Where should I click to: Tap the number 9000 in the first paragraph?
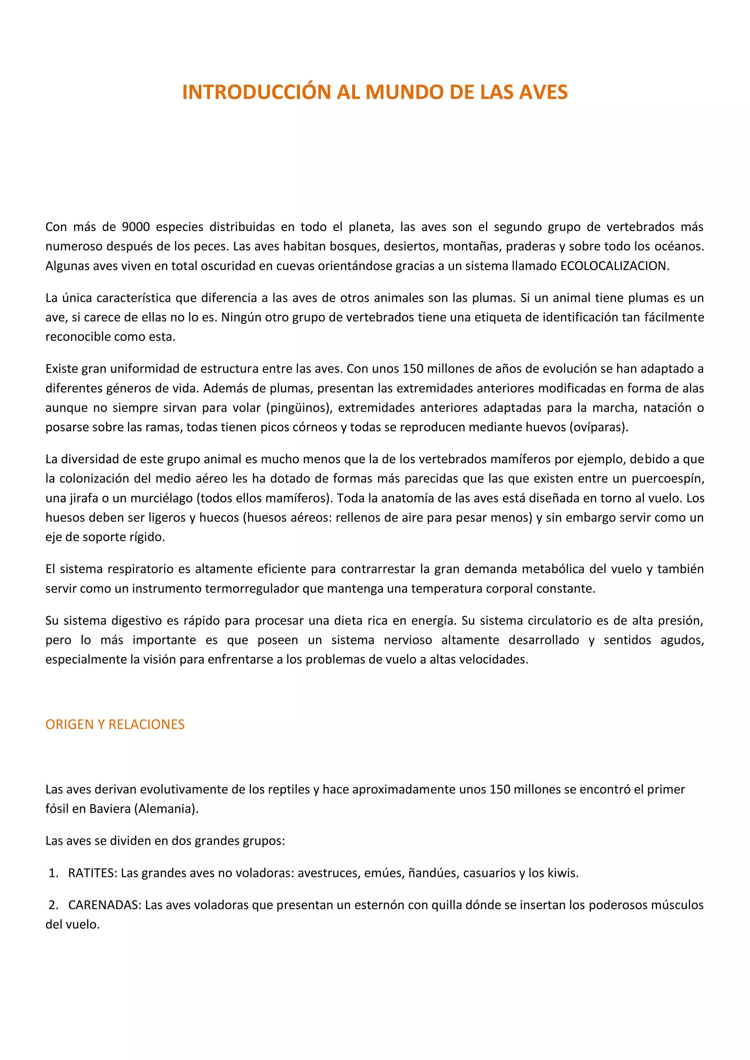(x=136, y=227)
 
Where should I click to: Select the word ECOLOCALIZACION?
(x=614, y=266)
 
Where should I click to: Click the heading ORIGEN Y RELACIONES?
(x=115, y=724)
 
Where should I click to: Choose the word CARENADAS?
(x=104, y=905)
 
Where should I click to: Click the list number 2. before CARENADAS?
(x=53, y=905)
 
